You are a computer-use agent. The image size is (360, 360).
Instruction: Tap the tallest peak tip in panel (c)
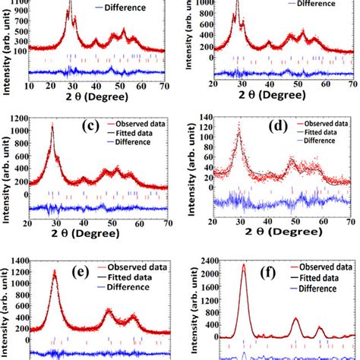[x=52, y=125]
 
